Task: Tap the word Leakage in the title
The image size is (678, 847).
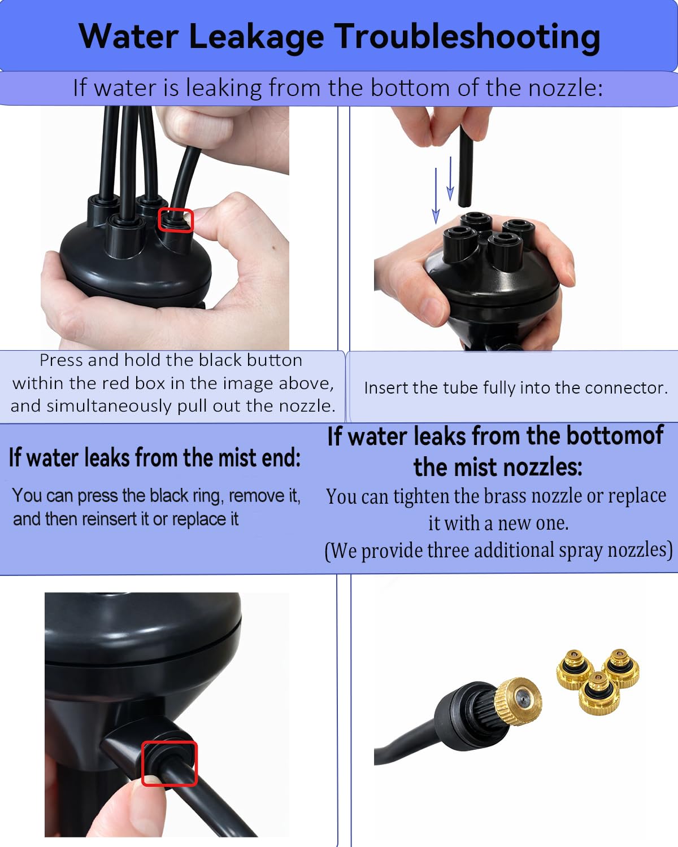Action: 257,38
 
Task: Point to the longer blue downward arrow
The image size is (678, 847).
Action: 436,196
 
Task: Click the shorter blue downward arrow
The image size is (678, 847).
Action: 450,178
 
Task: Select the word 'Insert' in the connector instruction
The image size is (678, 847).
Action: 386,388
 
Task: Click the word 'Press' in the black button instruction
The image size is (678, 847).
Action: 61,360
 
